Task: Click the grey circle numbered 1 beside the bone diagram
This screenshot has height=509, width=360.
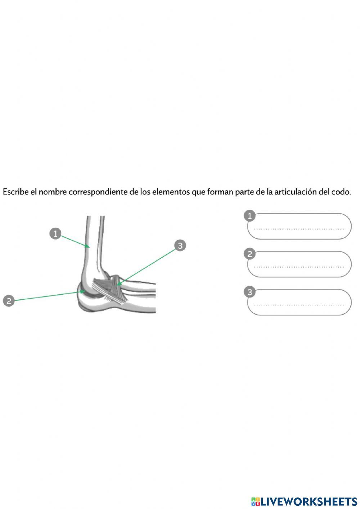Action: tap(55, 234)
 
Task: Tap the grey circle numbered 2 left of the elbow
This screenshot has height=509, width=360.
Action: tap(9, 300)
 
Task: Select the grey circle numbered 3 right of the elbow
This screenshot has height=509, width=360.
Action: tap(180, 245)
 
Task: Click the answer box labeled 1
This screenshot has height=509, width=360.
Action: tap(299, 227)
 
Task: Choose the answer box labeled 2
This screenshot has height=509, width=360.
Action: tap(299, 264)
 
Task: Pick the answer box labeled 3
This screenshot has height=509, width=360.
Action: tap(299, 303)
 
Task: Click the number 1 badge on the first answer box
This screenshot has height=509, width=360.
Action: tap(249, 216)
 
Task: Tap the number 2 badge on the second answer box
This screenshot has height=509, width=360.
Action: tap(249, 254)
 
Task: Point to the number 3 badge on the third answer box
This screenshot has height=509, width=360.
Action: tap(249, 292)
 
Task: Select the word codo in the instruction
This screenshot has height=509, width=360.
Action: tap(340, 192)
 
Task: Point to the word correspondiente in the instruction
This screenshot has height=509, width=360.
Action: tap(98, 192)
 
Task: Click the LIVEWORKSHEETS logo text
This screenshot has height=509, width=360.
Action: tap(309, 501)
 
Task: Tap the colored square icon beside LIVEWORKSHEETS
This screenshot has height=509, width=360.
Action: tap(255, 501)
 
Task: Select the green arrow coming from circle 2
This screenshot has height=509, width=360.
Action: tap(47, 296)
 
